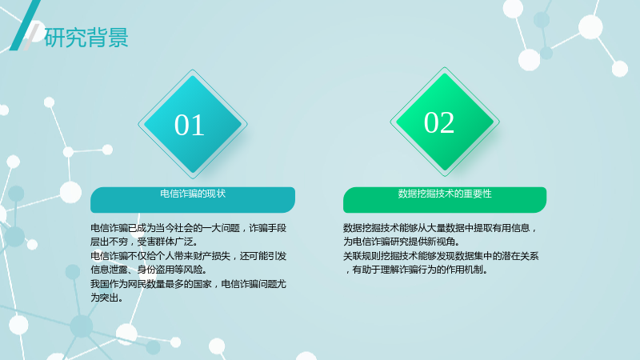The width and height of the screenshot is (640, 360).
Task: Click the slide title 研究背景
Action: coord(86,38)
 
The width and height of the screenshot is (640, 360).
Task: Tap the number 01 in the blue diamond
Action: coord(189,125)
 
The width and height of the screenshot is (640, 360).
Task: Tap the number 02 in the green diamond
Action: coord(438,122)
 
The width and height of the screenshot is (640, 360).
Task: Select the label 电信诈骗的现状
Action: coord(193,194)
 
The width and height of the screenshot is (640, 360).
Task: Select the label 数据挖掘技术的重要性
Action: coord(445,194)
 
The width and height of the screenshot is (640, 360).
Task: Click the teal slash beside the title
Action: coord(25,26)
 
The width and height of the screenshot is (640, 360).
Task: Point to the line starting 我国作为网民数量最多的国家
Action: coord(188,284)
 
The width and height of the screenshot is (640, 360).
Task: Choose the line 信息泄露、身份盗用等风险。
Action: coord(149,270)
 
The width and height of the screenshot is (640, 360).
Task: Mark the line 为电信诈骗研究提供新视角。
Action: coord(402,242)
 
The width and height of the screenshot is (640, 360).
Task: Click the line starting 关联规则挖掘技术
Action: coord(441,256)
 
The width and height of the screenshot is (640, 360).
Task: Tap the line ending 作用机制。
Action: coord(415,270)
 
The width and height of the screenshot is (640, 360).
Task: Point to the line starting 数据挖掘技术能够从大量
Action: coord(440,228)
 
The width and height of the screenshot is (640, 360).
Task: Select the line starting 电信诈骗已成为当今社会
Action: coord(188,228)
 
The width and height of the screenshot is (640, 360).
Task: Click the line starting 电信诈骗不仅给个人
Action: coord(188,256)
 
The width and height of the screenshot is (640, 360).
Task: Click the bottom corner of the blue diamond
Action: coord(193,178)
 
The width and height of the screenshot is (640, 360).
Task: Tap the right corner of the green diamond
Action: coord(499,122)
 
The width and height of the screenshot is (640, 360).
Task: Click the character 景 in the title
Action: coord(118,38)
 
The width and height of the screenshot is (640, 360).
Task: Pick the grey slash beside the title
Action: coord(31,37)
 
